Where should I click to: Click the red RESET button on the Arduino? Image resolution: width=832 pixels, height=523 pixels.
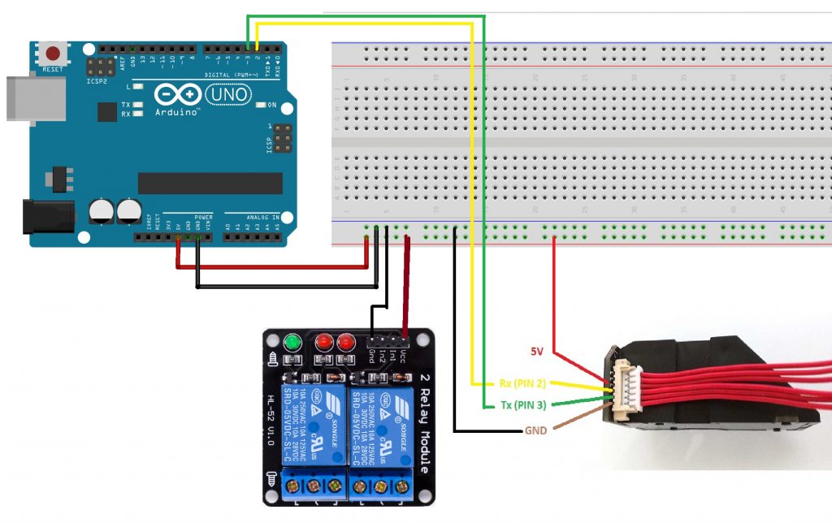pyautogui.click(x=54, y=54)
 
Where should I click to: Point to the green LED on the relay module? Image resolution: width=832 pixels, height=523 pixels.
pyautogui.click(x=292, y=343)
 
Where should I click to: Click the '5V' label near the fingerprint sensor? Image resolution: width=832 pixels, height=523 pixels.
pyautogui.click(x=537, y=352)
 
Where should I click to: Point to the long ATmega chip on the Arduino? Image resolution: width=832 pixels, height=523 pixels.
pyautogui.click(x=210, y=184)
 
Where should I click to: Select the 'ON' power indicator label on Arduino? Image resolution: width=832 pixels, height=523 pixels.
pyautogui.click(x=272, y=106)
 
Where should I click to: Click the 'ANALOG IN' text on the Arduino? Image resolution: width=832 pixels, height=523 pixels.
pyautogui.click(x=263, y=218)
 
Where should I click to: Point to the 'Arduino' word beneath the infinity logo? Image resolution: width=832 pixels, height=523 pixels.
pyautogui.click(x=177, y=112)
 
